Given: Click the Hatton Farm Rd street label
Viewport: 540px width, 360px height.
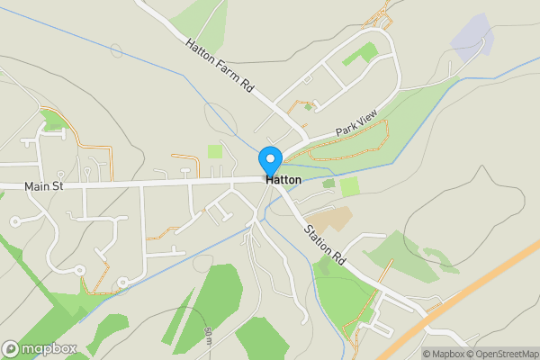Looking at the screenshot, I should click(220, 67).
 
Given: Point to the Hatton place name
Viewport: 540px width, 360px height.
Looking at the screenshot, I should click(283, 180).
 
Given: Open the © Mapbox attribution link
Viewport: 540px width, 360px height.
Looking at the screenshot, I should click(444, 354).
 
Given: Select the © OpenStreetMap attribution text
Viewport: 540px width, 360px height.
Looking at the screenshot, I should click(503, 354).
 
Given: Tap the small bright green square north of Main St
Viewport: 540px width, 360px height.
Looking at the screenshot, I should click(214, 151).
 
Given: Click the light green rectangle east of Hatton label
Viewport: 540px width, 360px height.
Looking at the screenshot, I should click(349, 186).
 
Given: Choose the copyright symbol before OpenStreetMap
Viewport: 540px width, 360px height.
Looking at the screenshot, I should click(472, 354).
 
